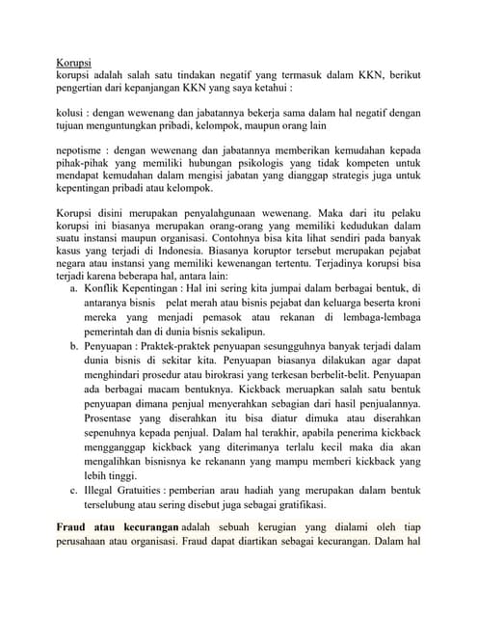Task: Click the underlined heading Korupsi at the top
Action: pos(75,63)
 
